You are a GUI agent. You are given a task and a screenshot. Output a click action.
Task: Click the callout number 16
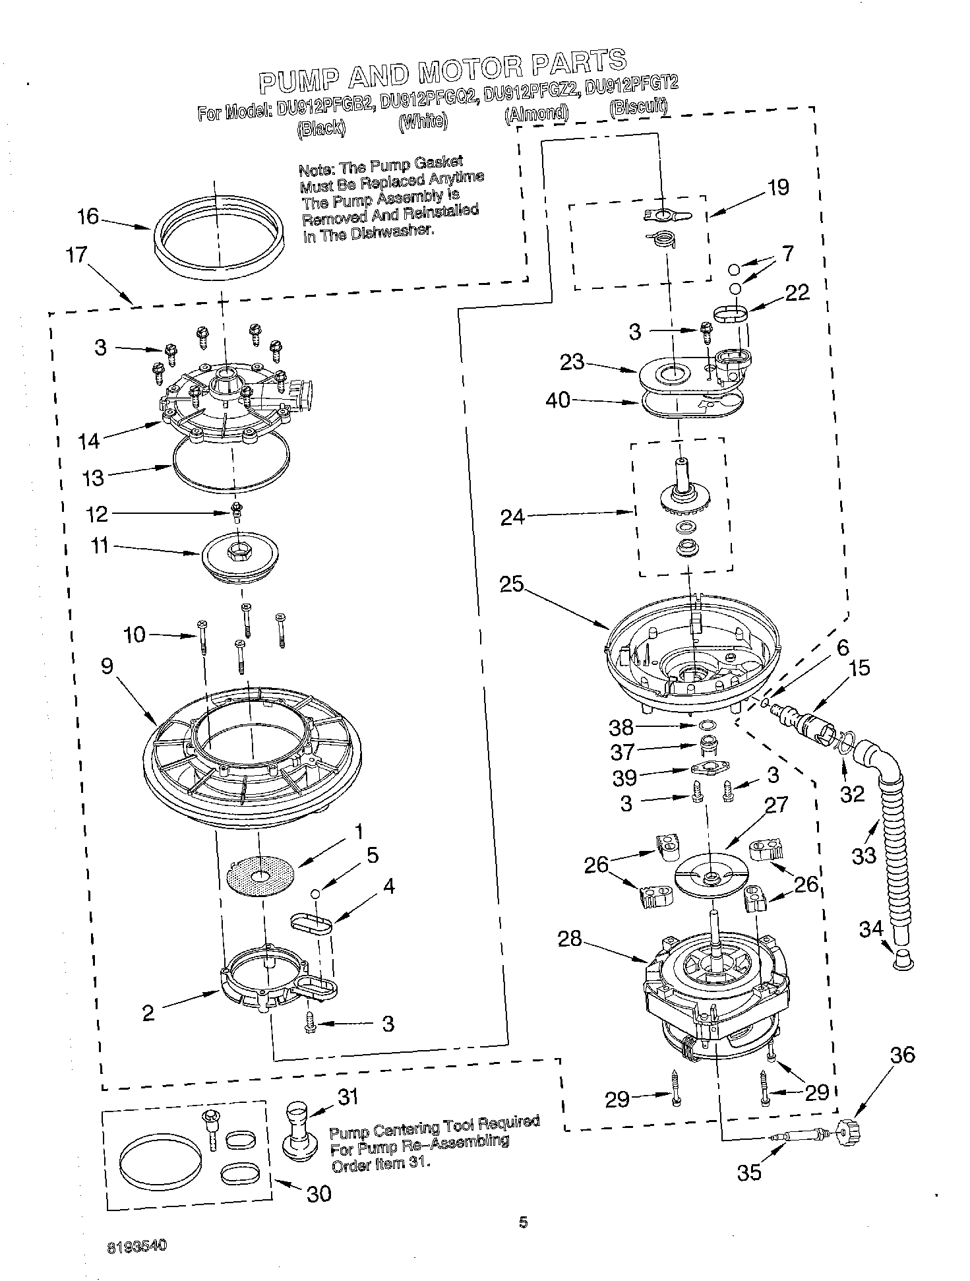click(88, 216)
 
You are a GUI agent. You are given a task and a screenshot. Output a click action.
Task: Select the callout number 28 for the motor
click(570, 939)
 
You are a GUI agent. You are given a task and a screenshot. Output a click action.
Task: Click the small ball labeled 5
click(316, 893)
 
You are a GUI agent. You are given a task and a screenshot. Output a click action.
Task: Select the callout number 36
click(902, 1055)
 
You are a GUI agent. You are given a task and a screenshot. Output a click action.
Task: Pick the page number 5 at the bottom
click(523, 1223)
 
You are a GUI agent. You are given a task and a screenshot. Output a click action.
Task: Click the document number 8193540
click(138, 1246)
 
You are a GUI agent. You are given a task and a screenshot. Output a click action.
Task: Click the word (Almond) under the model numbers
click(536, 113)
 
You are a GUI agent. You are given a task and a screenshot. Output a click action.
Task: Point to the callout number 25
click(511, 584)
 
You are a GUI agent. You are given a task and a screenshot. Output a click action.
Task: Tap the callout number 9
click(107, 666)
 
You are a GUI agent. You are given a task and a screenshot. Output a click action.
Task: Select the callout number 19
click(779, 187)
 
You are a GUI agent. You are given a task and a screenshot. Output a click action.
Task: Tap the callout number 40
click(558, 400)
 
